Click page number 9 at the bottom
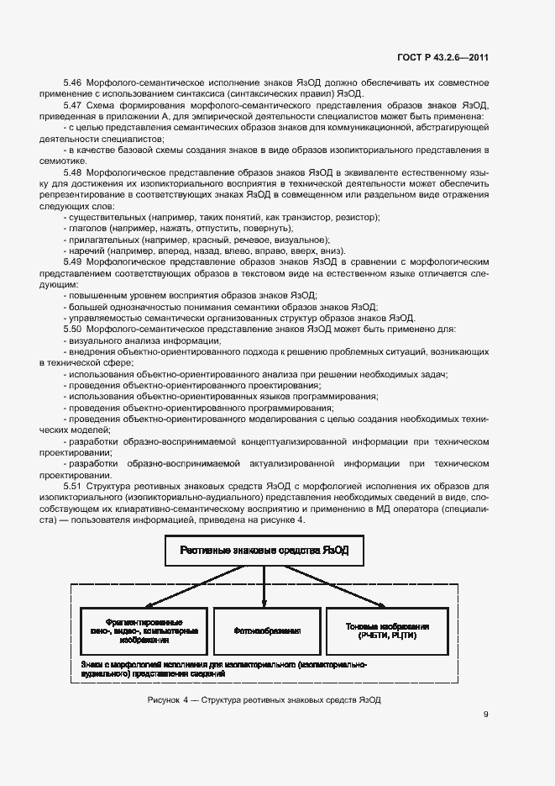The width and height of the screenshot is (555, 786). point(486,715)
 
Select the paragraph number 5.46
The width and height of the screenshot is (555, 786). point(73,82)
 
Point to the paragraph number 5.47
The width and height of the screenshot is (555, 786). point(73,104)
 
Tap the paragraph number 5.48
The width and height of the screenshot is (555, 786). point(73,171)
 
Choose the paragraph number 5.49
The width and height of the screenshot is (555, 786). point(73,261)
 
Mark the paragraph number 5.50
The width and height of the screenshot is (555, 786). point(73,329)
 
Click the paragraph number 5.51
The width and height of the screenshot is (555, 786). point(73,487)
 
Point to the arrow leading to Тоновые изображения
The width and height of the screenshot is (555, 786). point(353,588)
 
